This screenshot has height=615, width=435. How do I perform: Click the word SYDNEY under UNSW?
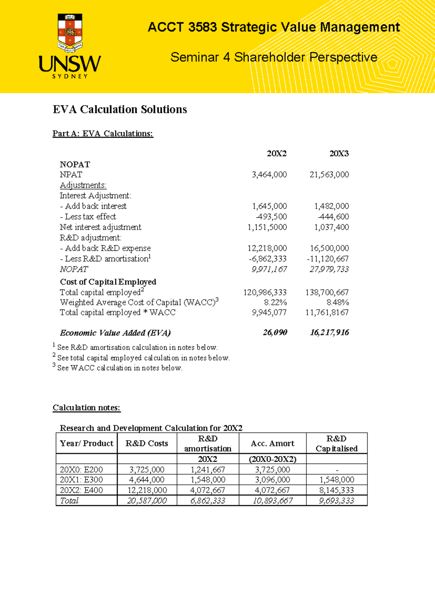(x=70, y=77)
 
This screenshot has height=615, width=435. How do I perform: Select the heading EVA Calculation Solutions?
(x=120, y=110)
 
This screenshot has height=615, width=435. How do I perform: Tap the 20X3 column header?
(x=339, y=154)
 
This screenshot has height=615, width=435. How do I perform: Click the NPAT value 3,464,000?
(x=269, y=175)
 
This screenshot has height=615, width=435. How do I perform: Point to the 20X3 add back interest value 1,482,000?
(x=331, y=206)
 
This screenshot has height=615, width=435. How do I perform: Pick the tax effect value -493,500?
(x=271, y=217)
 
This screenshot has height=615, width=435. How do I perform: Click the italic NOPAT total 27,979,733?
(x=329, y=269)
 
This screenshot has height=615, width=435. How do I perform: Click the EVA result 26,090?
(x=275, y=333)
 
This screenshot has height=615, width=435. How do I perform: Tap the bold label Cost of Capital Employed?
(x=108, y=282)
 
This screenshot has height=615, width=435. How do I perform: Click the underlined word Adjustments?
(x=83, y=185)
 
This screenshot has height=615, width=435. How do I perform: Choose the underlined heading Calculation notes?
(x=86, y=408)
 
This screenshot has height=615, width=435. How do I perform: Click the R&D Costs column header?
(x=147, y=443)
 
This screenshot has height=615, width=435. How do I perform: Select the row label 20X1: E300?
(x=81, y=480)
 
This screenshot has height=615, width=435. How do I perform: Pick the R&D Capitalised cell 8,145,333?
(x=336, y=490)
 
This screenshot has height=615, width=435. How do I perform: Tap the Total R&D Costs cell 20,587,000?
(x=147, y=501)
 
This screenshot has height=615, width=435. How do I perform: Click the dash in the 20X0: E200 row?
(x=337, y=470)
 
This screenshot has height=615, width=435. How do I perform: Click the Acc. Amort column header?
(x=272, y=443)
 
